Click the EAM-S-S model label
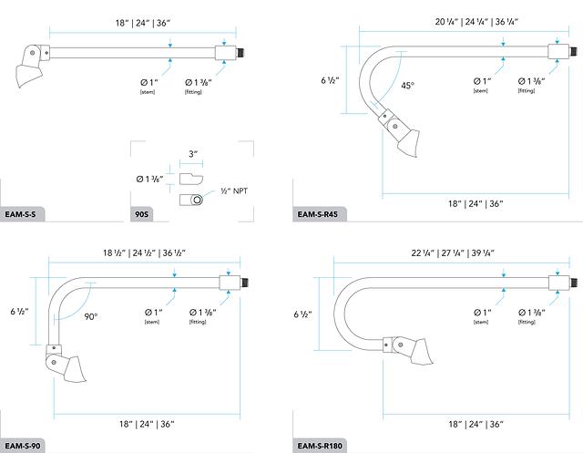coord(20,214)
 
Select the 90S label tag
coord(141,214)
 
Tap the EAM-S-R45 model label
coord(318,214)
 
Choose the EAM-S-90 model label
coord(22,446)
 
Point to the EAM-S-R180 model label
coord(320,446)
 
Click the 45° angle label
coord(407,86)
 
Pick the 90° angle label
coord(91,317)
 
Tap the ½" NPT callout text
coord(234,191)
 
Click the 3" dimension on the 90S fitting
coord(193,154)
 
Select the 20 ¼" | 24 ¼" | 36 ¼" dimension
coord(476,22)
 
